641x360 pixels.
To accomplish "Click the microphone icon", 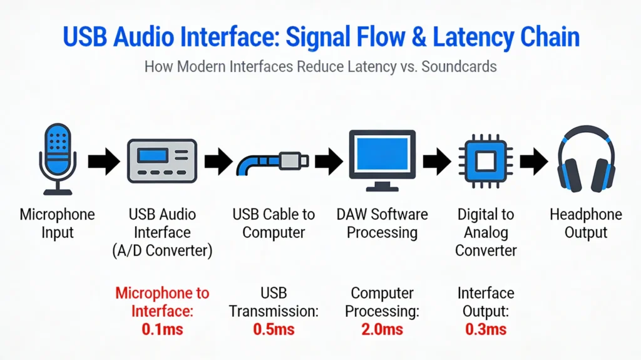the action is pos(58,159).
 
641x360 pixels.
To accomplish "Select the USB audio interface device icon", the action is pos(162,161).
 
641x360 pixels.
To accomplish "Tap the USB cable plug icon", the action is pos(272,162).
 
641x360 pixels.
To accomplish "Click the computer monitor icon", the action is pos(382,160).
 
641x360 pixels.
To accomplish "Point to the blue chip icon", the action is pos(486,161).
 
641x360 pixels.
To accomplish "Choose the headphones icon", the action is pos(586,159).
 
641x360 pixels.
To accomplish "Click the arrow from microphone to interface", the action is pos(104,162).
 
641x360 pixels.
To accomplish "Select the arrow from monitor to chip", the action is pos(437,162).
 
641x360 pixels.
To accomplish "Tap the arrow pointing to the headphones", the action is pos(534,162).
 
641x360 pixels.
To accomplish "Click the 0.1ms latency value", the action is pos(162,329).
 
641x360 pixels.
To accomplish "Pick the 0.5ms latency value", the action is pos(274,329).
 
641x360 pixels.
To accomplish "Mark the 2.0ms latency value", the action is pos(382,329).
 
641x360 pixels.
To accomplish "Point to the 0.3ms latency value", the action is pos(486,329).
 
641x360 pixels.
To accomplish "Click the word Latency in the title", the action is pos(473,37).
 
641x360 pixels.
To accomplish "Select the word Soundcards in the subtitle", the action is pos(459,66).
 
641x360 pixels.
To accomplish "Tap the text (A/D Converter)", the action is pos(162,250).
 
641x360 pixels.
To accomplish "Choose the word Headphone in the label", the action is pos(586,214).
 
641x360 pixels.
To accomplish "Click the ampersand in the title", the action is pos(419,37).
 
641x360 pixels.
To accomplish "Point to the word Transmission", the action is pos(274,311).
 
